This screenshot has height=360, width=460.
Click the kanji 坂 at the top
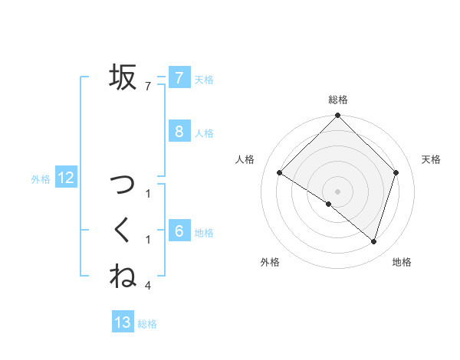pyautogui.click(x=123, y=77)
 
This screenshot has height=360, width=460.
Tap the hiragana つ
pyautogui.click(x=123, y=184)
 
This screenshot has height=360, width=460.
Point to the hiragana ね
pyautogui.click(x=123, y=276)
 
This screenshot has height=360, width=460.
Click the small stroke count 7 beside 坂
pyautogui.click(x=148, y=87)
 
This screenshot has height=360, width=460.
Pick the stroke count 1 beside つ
pyautogui.click(x=148, y=194)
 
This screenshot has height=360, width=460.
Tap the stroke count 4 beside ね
pyautogui.click(x=148, y=286)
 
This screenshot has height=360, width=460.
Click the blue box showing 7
pyautogui.click(x=179, y=77)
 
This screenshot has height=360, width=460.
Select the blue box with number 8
pyautogui.click(x=179, y=131)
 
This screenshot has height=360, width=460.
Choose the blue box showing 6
pyautogui.click(x=179, y=231)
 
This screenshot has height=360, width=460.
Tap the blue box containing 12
pyautogui.click(x=66, y=178)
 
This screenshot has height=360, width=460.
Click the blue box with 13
pyautogui.click(x=123, y=322)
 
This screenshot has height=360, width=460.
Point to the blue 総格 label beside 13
pyautogui.click(x=147, y=324)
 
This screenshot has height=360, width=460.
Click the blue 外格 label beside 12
pyautogui.click(x=41, y=179)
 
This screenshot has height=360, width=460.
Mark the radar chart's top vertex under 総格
pyautogui.click(x=337, y=116)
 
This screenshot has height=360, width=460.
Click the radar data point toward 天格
pyautogui.click(x=396, y=173)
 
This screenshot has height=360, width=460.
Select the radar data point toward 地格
pyautogui.click(x=373, y=242)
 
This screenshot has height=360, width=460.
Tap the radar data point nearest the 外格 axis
pyautogui.click(x=329, y=205)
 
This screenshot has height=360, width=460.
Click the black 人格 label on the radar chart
pyautogui.click(x=244, y=159)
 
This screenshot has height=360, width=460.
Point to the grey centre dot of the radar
pyautogui.click(x=337, y=191)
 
